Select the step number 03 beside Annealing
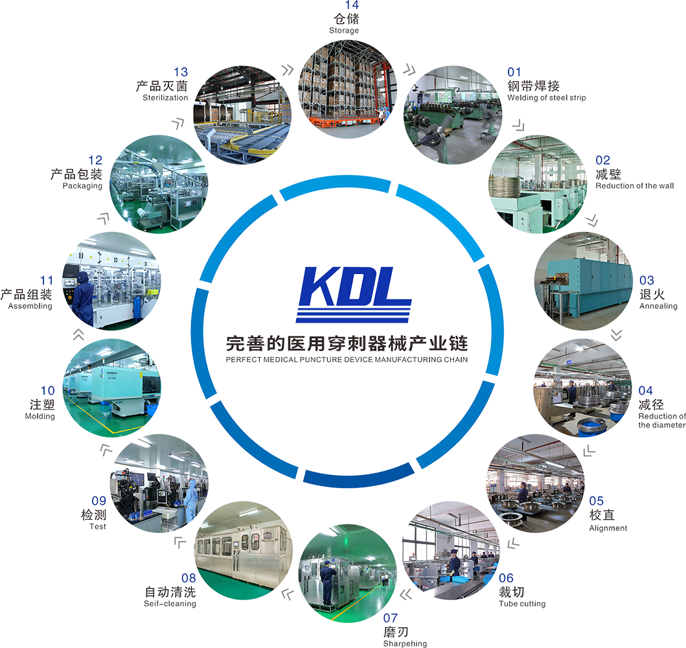(x=646, y=281)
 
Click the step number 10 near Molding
(x=47, y=390)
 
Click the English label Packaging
(x=83, y=186)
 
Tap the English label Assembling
(x=30, y=305)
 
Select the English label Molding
(x=40, y=416)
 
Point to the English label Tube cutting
(x=521, y=603)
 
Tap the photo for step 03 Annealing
(x=583, y=280)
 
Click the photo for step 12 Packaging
(x=155, y=185)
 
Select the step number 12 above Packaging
(x=95, y=161)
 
